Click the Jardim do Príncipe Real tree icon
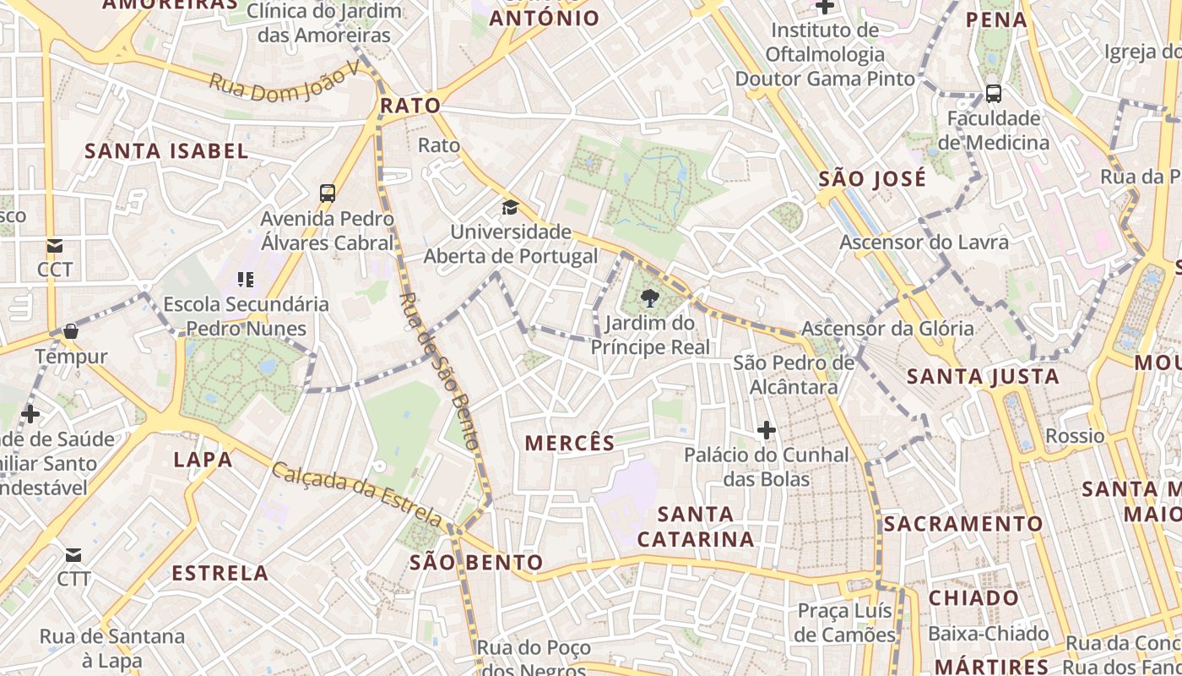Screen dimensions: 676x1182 click(x=649, y=297)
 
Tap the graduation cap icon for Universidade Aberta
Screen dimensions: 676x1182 click(x=510, y=208)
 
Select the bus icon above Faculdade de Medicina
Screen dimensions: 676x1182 click(x=994, y=93)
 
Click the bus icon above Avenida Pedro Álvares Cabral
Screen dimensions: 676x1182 click(x=328, y=194)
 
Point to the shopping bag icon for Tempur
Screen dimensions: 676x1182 click(x=71, y=331)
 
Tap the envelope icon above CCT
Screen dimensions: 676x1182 click(x=55, y=246)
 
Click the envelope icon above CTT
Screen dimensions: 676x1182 click(x=73, y=555)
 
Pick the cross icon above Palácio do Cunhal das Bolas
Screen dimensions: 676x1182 click(x=766, y=431)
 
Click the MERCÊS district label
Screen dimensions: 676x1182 click(x=570, y=443)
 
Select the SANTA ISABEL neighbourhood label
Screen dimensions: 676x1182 click(x=167, y=151)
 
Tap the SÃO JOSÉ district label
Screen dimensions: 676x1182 click(x=872, y=179)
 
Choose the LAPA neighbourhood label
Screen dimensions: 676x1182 click(x=203, y=460)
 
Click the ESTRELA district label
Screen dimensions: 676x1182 click(x=220, y=573)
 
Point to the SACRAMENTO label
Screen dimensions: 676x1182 click(x=963, y=524)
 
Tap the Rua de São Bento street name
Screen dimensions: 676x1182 click(x=439, y=371)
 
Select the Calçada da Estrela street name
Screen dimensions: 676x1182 click(x=356, y=493)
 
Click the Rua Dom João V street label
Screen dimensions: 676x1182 click(x=290, y=84)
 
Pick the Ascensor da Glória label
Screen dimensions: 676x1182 click(x=887, y=328)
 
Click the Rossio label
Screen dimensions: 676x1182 click(x=1075, y=436)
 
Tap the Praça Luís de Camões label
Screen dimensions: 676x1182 click(x=846, y=623)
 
